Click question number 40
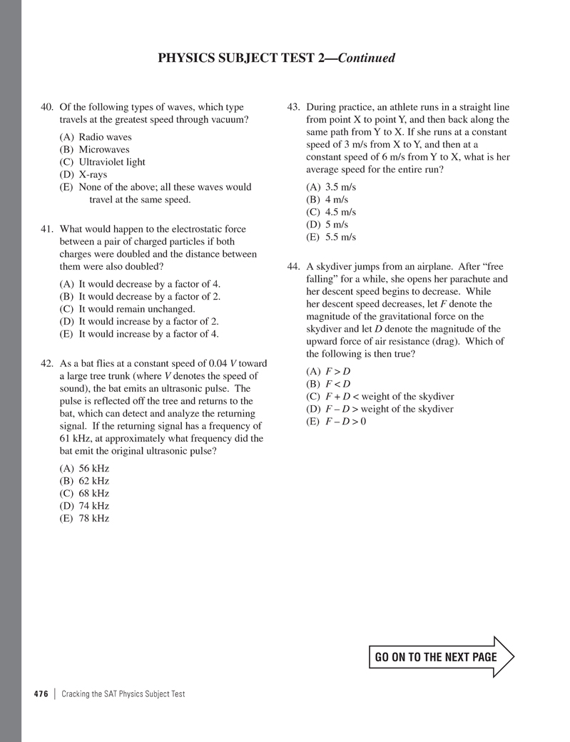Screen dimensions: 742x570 [x=47, y=108]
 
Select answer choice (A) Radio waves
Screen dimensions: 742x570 [x=96, y=137]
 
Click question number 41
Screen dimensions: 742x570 [x=47, y=230]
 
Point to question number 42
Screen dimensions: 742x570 [x=47, y=364]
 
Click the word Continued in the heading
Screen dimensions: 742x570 [x=367, y=59]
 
